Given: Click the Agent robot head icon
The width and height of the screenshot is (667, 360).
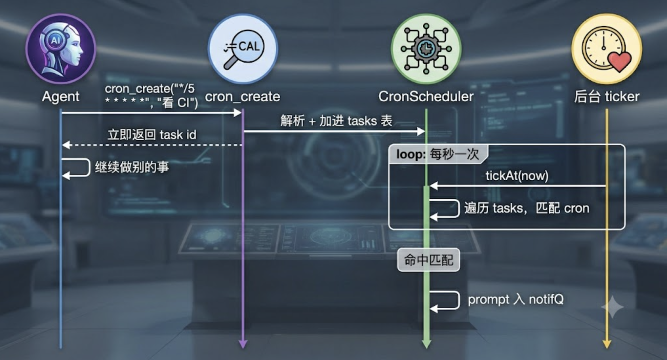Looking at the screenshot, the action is (x=61, y=49).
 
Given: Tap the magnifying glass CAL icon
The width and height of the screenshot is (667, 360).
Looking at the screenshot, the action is (x=243, y=49).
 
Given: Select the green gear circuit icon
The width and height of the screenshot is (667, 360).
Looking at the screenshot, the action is (x=426, y=49).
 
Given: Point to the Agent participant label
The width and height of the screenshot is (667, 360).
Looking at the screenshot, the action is (x=61, y=97).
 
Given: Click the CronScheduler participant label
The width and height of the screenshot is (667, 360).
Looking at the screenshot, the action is (x=426, y=97).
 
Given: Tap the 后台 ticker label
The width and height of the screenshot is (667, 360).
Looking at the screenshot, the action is (x=607, y=97).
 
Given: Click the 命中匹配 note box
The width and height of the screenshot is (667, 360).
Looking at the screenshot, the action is (x=428, y=260).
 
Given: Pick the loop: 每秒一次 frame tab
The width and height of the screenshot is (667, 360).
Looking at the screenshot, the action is (x=438, y=154).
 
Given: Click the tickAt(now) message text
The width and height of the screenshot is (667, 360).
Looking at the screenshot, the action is (x=517, y=176).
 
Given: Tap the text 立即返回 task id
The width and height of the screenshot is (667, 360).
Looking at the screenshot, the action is (x=152, y=135).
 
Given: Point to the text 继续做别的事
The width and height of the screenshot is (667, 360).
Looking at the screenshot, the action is (x=132, y=167).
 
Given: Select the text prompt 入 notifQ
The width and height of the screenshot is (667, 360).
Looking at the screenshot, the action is (x=515, y=299).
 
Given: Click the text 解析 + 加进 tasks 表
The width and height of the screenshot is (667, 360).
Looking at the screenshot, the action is (x=336, y=121).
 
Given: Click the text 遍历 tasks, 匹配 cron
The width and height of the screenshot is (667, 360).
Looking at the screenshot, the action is (x=527, y=208).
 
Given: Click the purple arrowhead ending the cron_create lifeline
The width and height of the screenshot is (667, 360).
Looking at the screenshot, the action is (x=243, y=344).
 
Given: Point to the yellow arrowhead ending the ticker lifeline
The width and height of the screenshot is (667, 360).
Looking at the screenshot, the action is (x=607, y=344).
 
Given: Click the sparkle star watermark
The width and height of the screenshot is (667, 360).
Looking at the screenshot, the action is (x=612, y=307).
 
